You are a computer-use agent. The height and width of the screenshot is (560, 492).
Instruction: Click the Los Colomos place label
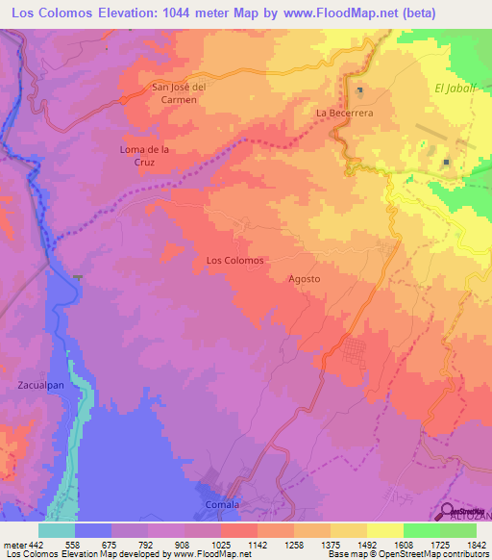pyautogui.click(x=234, y=260)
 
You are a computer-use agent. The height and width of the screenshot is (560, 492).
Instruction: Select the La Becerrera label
pyautogui.click(x=345, y=113)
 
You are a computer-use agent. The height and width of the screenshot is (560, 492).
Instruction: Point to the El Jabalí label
pyautogui.click(x=455, y=88)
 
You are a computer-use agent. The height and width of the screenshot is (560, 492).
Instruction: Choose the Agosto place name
pyautogui.click(x=304, y=279)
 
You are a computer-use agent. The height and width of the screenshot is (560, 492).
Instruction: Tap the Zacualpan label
pyautogui.click(x=40, y=385)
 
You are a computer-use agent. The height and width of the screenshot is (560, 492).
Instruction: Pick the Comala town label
pyautogui.click(x=222, y=504)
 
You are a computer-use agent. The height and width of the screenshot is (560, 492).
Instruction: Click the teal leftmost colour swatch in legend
pyautogui.click(x=56, y=529)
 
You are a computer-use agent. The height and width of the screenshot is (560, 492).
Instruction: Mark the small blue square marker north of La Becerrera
pyautogui.click(x=360, y=91)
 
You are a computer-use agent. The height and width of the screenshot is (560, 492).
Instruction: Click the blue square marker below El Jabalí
pyautogui.click(x=447, y=163)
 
